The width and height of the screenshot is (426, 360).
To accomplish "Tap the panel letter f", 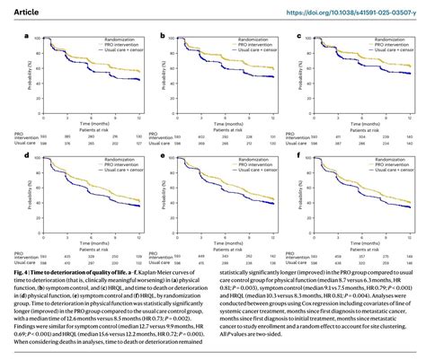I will coord(297,154).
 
